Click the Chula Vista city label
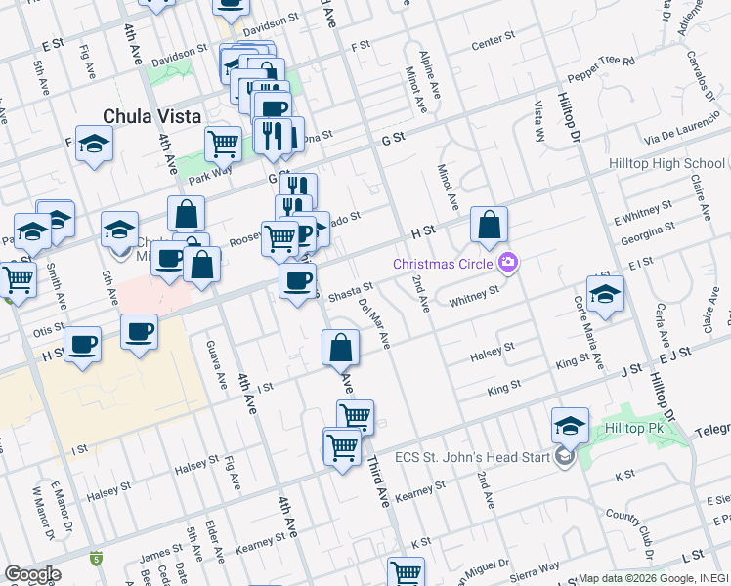click(151, 115)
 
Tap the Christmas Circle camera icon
click(507, 261)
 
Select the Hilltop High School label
click(666, 163)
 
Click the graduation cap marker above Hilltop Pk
click(570, 425)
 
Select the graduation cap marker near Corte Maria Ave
click(606, 294)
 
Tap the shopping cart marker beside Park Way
click(223, 144)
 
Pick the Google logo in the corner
click(32, 573)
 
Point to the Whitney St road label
click(474, 295)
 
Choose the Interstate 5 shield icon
click(96, 559)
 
